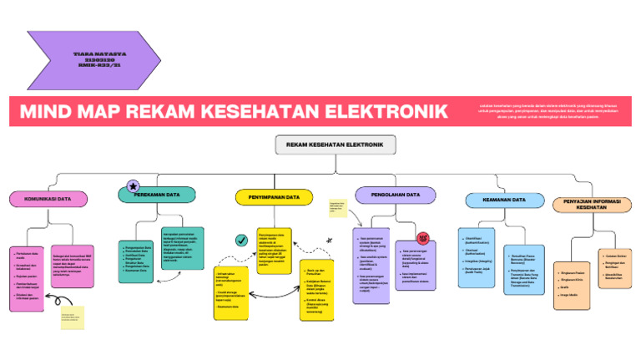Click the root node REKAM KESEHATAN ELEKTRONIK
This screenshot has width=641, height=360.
[335, 145]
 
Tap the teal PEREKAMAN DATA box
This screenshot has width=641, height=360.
[157, 195]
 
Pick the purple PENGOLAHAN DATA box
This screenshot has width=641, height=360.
[396, 195]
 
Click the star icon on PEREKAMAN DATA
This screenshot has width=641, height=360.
[132, 185]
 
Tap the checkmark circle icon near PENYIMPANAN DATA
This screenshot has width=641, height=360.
[241, 240]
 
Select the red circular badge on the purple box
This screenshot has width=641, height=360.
[422, 238]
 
